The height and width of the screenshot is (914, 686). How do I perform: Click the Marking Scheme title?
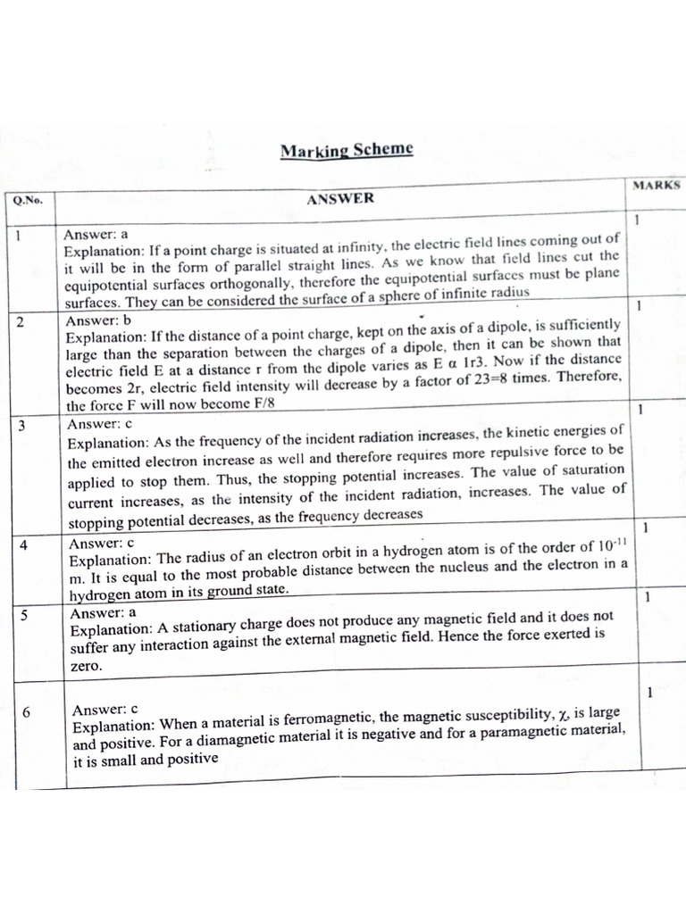pyautogui.click(x=347, y=149)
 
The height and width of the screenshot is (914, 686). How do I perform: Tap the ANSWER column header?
pyautogui.click(x=340, y=199)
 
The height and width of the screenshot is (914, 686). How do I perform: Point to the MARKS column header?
pyautogui.click(x=657, y=186)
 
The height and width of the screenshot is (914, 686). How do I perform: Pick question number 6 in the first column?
pyautogui.click(x=26, y=711)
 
